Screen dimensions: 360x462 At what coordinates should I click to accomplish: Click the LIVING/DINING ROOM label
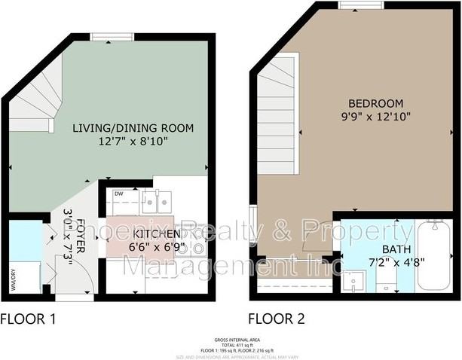click(x=132, y=128)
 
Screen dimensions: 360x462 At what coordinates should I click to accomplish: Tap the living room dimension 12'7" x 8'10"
click(x=132, y=141)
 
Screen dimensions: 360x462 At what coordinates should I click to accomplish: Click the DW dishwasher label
click(x=119, y=194)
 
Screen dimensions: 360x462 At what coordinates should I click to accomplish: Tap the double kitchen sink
click(x=156, y=200)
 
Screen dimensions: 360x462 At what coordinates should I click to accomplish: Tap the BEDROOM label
click(x=375, y=104)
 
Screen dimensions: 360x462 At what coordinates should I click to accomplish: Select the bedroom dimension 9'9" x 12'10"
click(x=375, y=117)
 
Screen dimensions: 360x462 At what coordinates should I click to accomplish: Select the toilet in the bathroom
click(x=385, y=284)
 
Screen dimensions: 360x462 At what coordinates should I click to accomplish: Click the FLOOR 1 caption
click(x=28, y=319)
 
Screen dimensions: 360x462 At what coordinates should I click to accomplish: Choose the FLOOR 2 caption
click(x=277, y=319)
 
